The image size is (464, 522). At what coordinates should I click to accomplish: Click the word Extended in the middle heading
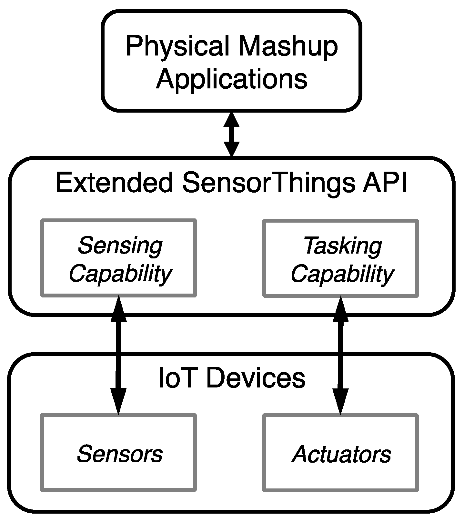coord(114,183)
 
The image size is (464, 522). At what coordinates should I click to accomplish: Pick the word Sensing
coord(120,246)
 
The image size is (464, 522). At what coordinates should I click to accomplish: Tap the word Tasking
coord(342,246)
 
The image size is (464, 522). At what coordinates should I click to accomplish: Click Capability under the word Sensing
coord(120,274)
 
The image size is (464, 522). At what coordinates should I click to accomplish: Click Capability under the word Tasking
coord(342,274)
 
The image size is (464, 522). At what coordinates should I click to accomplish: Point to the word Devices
coord(256,378)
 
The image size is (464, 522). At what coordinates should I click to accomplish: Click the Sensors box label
coord(119,454)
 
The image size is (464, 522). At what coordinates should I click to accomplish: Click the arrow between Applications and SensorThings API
coord(232,134)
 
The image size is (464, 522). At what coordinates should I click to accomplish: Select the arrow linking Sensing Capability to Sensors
coord(118,355)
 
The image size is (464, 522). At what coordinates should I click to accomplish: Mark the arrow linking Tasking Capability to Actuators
coord(341,355)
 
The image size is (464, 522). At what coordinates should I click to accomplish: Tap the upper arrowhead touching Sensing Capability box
coord(118,308)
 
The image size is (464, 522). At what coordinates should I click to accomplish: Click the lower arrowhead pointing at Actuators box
coord(341,402)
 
